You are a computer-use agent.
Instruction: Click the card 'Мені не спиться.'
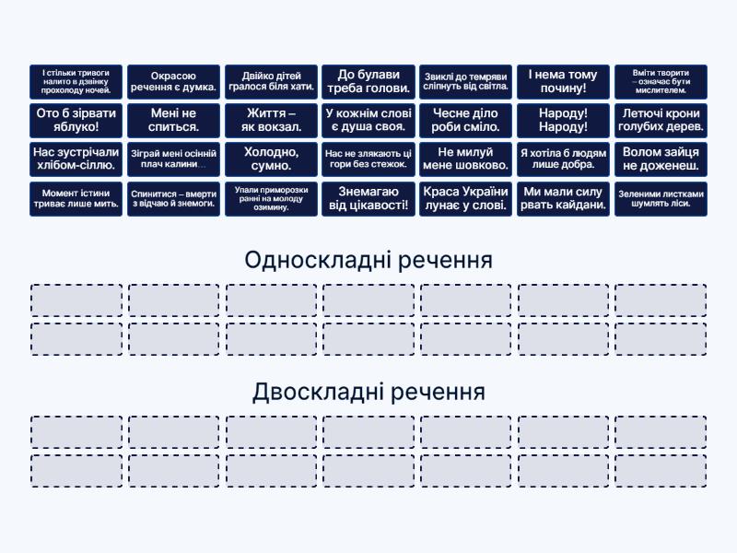[173, 121]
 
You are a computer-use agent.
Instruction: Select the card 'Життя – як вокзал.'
[271, 121]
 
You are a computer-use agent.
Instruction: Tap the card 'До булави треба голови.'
[368, 81]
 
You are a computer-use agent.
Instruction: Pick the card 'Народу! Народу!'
[563, 121]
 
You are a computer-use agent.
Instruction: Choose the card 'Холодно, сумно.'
[271, 159]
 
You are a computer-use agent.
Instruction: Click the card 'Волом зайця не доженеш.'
[661, 159]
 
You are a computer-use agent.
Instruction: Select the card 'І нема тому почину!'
[563, 81]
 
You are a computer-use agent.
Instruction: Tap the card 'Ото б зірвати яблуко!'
[76, 121]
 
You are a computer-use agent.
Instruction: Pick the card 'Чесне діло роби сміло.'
[465, 121]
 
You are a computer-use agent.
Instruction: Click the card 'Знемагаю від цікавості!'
[368, 199]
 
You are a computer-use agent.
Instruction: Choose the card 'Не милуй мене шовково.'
[465, 159]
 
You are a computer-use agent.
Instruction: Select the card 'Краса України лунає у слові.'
[465, 199]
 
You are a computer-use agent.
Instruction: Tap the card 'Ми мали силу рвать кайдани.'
[563, 199]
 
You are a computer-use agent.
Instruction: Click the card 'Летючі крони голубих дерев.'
[661, 121]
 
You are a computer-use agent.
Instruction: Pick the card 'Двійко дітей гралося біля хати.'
[271, 81]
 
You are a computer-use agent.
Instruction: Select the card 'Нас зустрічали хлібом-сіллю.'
[76, 159]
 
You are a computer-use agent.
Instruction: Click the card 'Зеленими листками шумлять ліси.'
[661, 199]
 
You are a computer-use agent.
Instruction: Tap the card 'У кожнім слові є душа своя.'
[368, 121]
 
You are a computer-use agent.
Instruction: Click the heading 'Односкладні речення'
[368, 261]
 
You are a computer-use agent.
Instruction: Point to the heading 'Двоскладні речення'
[368, 393]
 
